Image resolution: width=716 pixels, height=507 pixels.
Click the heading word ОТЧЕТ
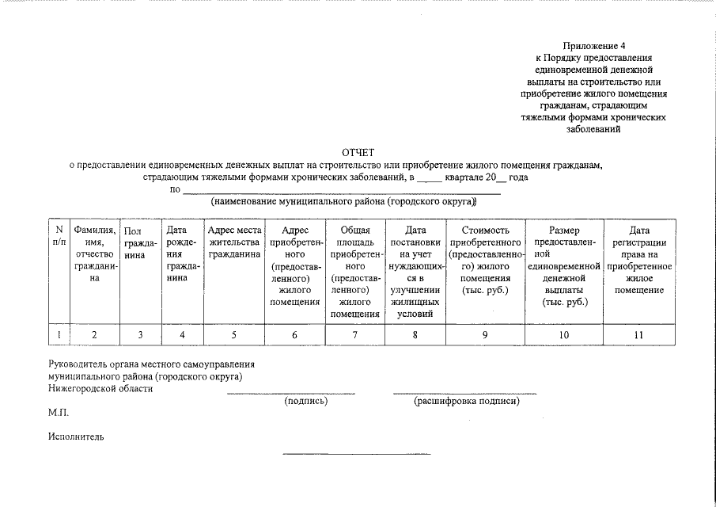point(358,152)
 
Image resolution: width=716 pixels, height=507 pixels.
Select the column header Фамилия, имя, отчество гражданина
point(94,253)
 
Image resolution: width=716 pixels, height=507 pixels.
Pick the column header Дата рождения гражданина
point(182,253)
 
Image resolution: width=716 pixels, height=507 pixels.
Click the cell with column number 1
point(58,335)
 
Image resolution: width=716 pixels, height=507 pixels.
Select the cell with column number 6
point(294,335)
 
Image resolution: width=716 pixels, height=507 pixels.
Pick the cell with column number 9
point(485,335)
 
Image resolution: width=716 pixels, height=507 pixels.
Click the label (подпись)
point(305,402)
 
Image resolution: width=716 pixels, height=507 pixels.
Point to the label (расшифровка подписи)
point(466,402)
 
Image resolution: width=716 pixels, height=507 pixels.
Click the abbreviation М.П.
point(59,414)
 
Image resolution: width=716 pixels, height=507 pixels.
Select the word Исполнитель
point(75,436)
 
